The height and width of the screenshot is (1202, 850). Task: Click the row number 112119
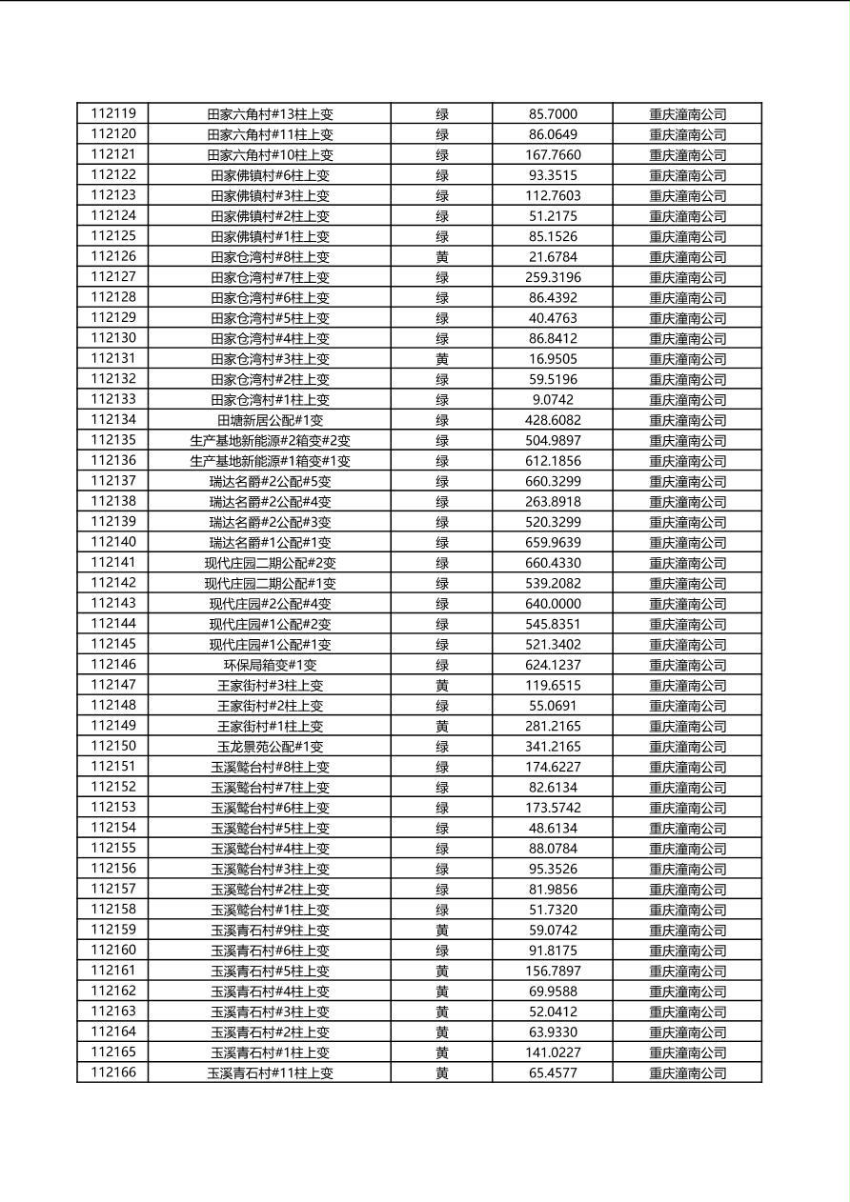pos(113,114)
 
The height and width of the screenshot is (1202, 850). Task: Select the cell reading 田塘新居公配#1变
pos(270,420)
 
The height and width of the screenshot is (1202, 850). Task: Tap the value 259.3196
pos(553,277)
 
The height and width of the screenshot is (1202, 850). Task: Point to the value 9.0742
pos(553,400)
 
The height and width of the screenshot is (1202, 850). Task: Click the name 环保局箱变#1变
pos(270,665)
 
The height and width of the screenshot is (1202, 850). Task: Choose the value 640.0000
pos(553,604)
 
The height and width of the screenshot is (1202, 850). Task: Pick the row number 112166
pos(113,1073)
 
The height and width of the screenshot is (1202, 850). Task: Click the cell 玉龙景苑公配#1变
pos(270,747)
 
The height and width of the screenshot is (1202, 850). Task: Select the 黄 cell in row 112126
pos(442,257)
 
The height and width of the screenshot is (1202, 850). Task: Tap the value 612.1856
pos(553,461)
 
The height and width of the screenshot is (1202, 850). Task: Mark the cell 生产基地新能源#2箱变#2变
pos(270,441)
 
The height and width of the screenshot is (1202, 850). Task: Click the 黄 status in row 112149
pos(442,727)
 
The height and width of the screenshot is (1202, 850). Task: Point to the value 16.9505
pos(553,359)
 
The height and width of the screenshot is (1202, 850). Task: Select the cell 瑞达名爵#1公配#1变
pos(270,543)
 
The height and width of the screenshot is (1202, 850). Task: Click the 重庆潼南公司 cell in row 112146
pos(687,665)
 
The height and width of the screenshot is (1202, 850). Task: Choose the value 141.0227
pos(553,1052)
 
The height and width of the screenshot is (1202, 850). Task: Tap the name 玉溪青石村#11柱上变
pos(270,1073)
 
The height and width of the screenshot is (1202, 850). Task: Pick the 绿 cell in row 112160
pos(442,951)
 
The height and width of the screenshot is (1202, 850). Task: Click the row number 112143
pos(113,604)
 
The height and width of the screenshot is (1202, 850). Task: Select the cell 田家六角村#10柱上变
pos(270,155)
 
